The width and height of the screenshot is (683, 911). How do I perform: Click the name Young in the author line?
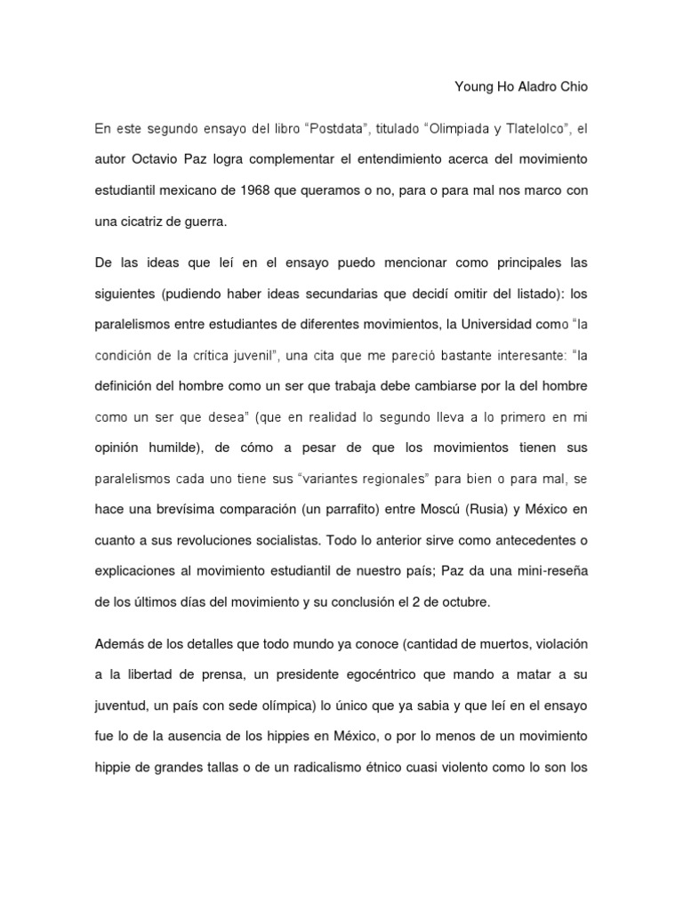click(x=474, y=87)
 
